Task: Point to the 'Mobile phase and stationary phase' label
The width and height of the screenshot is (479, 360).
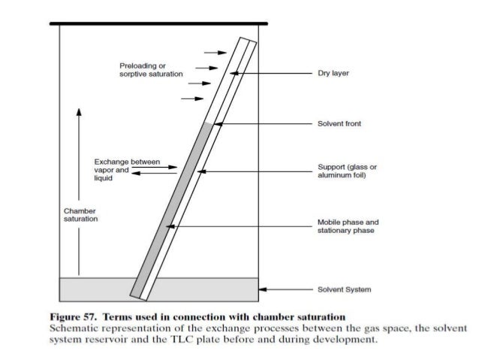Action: click(x=349, y=226)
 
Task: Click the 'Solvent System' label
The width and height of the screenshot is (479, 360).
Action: click(x=345, y=289)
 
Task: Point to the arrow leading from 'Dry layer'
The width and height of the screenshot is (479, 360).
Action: click(x=270, y=73)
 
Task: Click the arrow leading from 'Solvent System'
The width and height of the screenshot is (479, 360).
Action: click(x=285, y=289)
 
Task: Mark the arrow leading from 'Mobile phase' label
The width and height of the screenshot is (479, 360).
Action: click(x=240, y=226)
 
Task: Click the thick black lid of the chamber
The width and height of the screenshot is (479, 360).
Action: click(x=158, y=24)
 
